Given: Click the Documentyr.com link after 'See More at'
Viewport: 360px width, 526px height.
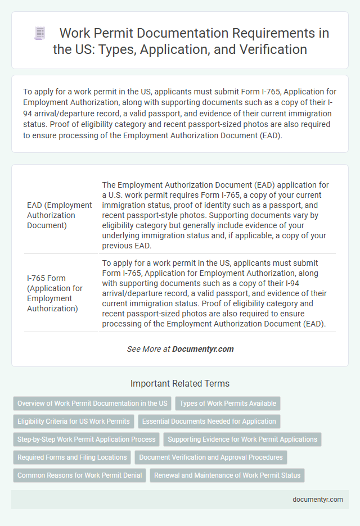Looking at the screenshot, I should (203, 349).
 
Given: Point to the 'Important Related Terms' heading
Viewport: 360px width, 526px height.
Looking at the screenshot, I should (180, 383).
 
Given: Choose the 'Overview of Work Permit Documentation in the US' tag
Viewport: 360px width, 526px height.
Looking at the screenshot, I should (92, 403).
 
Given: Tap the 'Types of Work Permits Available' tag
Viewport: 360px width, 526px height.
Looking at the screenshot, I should (228, 403).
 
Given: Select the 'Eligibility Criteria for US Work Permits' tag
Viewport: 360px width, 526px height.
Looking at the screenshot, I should (73, 421).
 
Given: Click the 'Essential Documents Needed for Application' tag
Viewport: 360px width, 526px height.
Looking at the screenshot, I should (209, 421).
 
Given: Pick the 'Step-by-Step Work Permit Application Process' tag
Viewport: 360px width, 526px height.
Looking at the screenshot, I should (87, 439).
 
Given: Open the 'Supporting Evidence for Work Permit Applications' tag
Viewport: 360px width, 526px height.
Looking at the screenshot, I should (242, 439).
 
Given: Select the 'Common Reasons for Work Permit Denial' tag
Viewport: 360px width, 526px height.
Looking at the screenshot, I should (79, 475).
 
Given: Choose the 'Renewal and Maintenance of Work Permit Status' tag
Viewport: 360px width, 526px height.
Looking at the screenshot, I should (227, 475).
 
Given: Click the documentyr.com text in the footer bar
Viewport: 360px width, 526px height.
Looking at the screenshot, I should (318, 500).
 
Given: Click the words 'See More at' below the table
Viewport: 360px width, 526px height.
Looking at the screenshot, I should (148, 349).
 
